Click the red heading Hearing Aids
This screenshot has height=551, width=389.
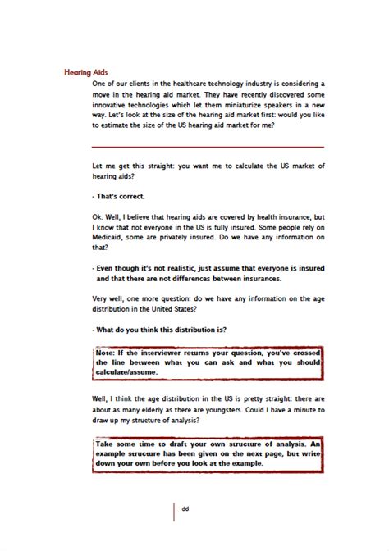(x=86, y=71)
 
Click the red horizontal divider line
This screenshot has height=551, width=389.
(x=209, y=146)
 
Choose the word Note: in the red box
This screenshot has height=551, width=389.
(x=105, y=352)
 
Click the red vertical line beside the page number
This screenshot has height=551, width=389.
(x=174, y=509)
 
